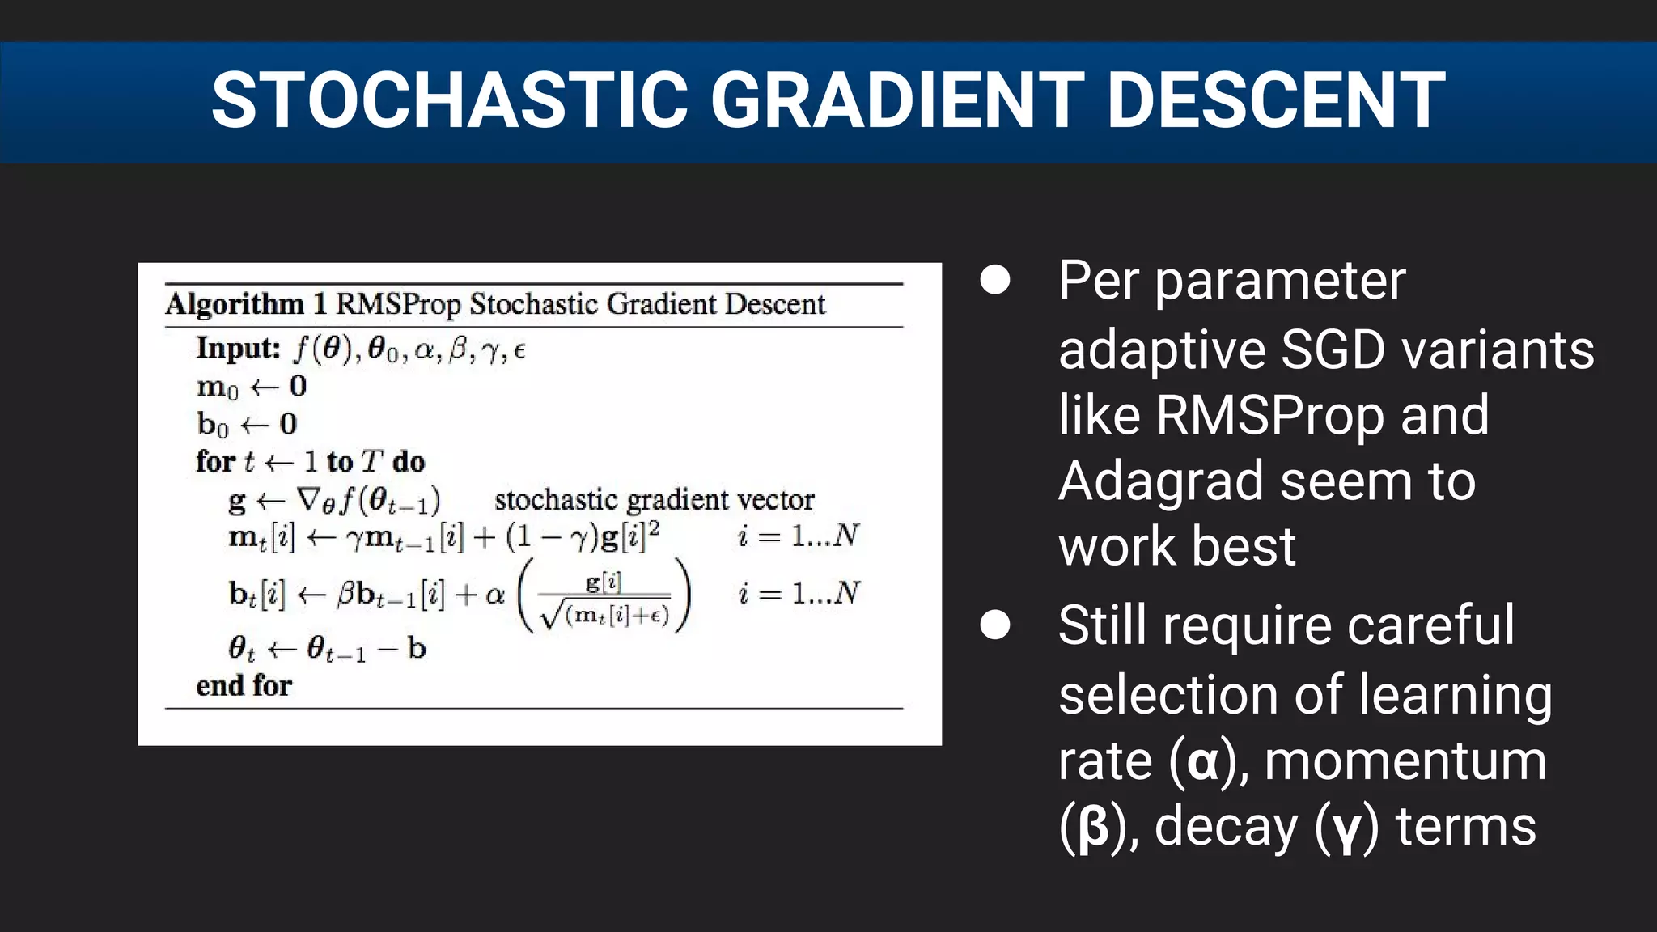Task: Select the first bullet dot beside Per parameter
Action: pyautogui.click(x=994, y=280)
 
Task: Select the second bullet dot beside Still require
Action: pyautogui.click(x=994, y=625)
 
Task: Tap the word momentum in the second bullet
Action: pyautogui.click(x=1405, y=761)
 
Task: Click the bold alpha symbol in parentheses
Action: pyautogui.click(x=1203, y=761)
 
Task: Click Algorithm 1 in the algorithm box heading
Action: pyautogui.click(x=246, y=304)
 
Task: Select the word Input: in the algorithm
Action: pyautogui.click(x=238, y=348)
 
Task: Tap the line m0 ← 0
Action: pyautogui.click(x=252, y=387)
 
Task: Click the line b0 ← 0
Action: pyautogui.click(x=247, y=424)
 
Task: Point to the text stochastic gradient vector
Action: pyautogui.click(x=654, y=499)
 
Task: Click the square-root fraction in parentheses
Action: pyautogui.click(x=604, y=599)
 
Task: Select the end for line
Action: pyautogui.click(x=244, y=685)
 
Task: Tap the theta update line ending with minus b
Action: pyautogui.click(x=327, y=648)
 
